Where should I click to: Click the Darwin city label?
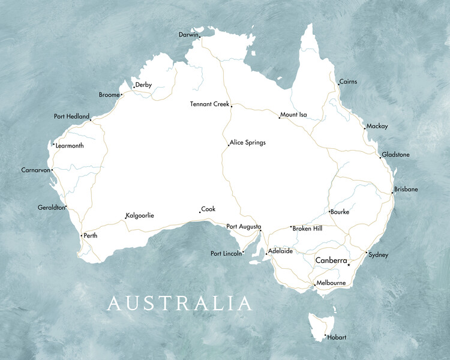pos(188,35)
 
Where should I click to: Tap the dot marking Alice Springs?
pos(229,145)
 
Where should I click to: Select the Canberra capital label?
pos(331,260)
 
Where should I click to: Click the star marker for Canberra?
pos(349,265)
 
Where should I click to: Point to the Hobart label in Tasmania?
pos(337,337)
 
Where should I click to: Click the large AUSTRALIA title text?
pos(179,303)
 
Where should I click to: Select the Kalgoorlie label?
pos(140,215)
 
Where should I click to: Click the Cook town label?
pos(208,209)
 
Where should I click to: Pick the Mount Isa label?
pos(293,115)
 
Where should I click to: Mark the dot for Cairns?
pos(338,85)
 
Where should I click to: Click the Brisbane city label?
pos(406,190)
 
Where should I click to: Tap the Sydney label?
pos(378,255)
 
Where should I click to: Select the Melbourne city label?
pos(331,283)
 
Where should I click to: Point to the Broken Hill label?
pos(307,229)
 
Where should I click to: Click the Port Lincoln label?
pos(226,253)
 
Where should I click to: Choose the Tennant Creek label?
pos(209,104)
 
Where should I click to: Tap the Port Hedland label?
pos(71,116)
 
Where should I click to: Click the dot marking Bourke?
pos(329,211)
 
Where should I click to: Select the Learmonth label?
pos(70,146)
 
